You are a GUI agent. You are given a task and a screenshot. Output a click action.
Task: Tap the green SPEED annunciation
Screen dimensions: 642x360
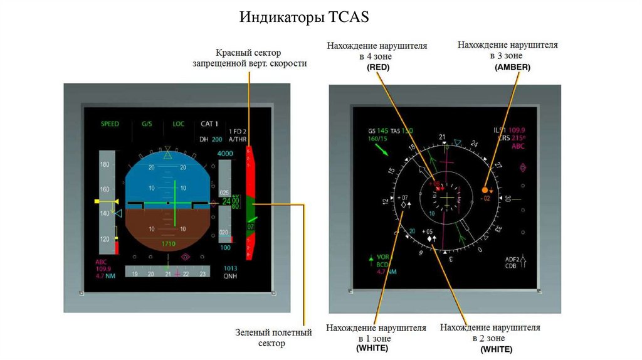110,124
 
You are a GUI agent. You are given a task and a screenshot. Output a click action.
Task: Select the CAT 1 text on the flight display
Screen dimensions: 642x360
209,124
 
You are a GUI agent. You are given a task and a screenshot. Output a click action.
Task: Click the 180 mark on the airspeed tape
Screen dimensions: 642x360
105,164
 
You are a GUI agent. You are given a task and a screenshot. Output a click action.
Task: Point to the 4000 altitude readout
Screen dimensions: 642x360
224,154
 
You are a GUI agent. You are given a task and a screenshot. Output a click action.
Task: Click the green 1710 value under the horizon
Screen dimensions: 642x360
167,244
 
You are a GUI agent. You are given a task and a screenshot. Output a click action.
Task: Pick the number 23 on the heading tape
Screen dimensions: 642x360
202,274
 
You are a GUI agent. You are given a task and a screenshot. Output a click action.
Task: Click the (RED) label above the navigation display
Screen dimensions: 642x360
378,67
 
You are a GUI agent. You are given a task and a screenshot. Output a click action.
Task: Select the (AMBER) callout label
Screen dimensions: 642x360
512,67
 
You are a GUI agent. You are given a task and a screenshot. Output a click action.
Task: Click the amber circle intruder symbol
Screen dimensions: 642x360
485,189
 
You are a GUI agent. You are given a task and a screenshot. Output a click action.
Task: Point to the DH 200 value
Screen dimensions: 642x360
211,139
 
